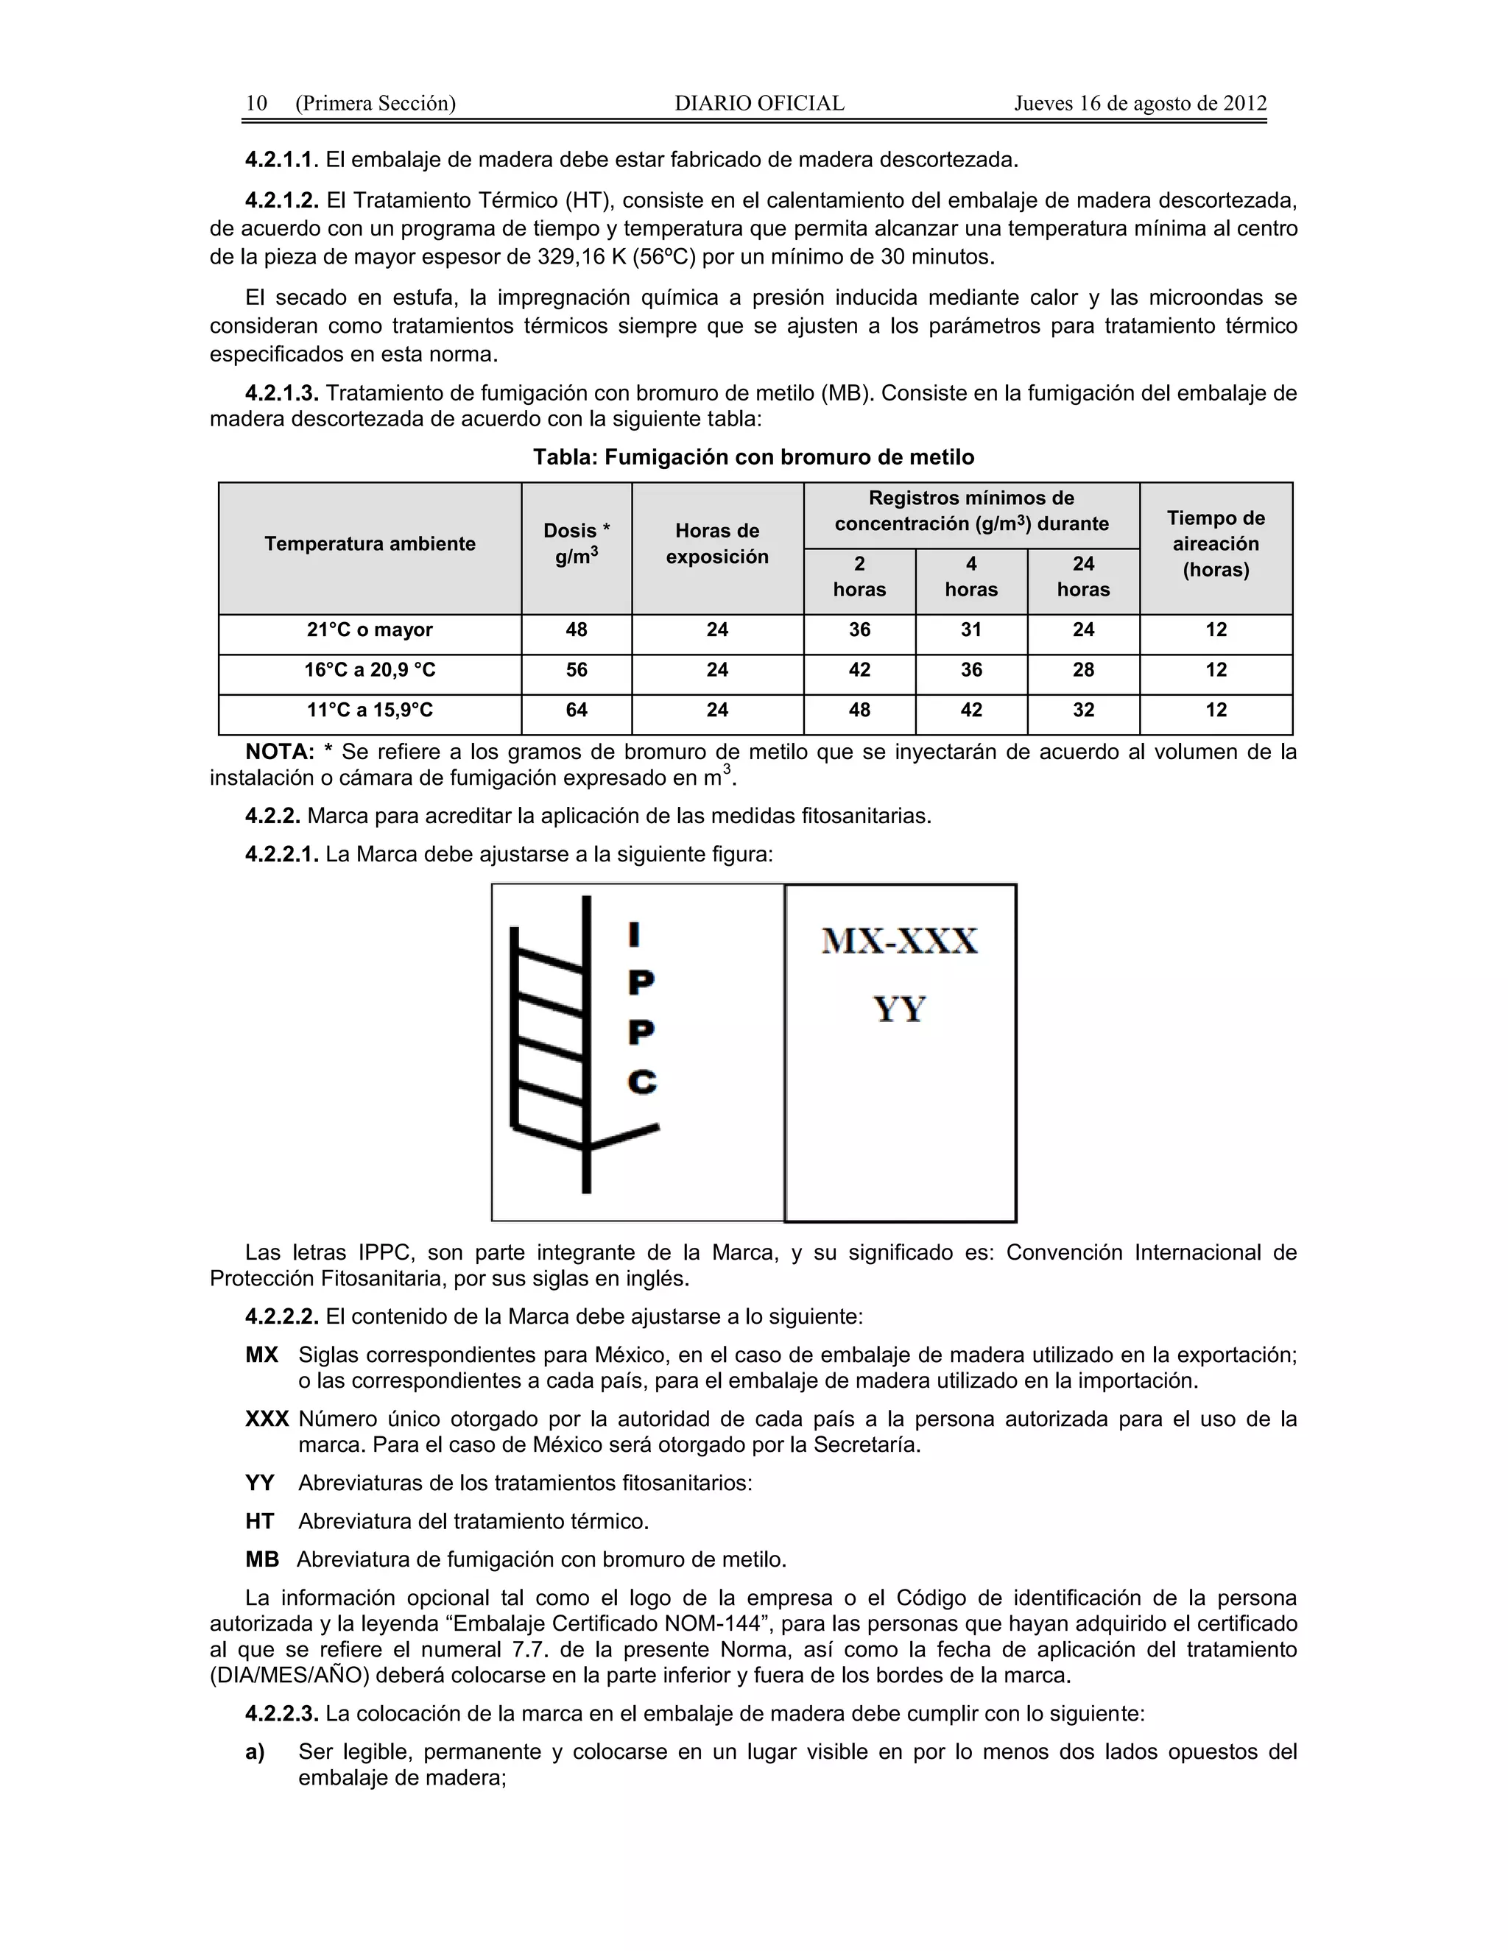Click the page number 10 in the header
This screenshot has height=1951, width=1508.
pyautogui.click(x=256, y=103)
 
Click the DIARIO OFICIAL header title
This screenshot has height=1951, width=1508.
pyautogui.click(x=758, y=103)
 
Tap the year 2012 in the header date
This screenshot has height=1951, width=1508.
pyautogui.click(x=1244, y=103)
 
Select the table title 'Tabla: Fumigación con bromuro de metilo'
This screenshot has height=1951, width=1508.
pyautogui.click(x=753, y=457)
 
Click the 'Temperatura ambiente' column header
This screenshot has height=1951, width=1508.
pyautogui.click(x=370, y=544)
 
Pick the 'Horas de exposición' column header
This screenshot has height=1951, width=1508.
pyautogui.click(x=716, y=544)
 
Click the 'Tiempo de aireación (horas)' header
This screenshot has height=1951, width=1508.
pyautogui.click(x=1215, y=544)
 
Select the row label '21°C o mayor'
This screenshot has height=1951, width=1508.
pyautogui.click(x=370, y=629)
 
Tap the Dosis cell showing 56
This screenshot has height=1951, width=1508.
pyautogui.click(x=577, y=670)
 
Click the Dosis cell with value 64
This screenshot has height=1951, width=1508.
pyautogui.click(x=577, y=710)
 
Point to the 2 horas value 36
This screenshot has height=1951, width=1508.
pyautogui.click(x=859, y=629)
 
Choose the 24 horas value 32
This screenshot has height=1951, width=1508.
pyautogui.click(x=1082, y=710)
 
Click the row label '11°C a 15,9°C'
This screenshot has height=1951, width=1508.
pyautogui.click(x=370, y=710)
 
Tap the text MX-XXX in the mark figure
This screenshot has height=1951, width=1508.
pyautogui.click(x=900, y=942)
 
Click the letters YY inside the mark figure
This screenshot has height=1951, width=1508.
pyautogui.click(x=900, y=1009)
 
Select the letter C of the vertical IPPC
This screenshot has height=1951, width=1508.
pyautogui.click(x=642, y=1083)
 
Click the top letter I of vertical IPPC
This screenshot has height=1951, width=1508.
pyautogui.click(x=634, y=934)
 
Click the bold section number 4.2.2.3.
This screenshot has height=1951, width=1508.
pyautogui.click(x=281, y=1713)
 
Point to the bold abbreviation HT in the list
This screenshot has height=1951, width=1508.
pyautogui.click(x=260, y=1521)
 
